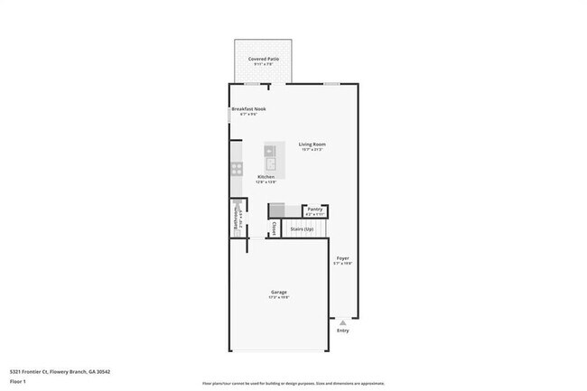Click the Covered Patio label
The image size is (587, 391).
(264, 59)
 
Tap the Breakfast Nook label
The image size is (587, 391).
(248, 109)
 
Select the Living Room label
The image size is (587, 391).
(312, 144)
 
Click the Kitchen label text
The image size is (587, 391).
(266, 177)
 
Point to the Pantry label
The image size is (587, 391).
(314, 209)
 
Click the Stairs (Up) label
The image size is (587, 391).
(302, 229)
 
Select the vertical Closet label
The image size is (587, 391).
(275, 228)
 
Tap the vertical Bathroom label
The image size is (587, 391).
(237, 222)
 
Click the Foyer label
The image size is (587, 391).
(343, 258)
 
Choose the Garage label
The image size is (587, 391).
(279, 292)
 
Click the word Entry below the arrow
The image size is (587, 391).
(342, 330)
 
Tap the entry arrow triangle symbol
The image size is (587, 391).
(342, 321)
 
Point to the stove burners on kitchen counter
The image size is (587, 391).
(236, 168)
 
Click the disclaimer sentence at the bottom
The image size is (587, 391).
(293, 384)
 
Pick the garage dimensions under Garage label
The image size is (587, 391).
(279, 297)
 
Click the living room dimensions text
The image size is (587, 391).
(312, 150)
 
